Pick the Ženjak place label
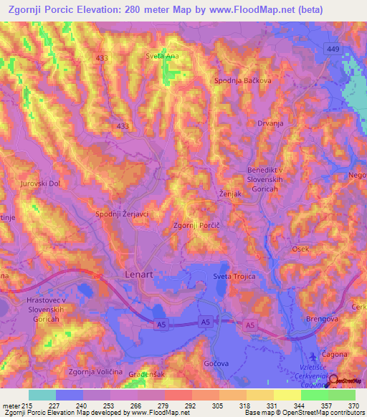[230, 194]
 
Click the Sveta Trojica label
[234, 276]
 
